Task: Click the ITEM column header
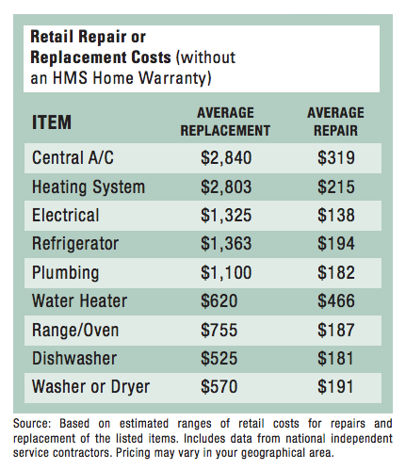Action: coord(52,122)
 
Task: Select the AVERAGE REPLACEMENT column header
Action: coord(225,122)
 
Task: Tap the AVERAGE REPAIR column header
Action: coord(335,122)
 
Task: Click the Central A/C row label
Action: coord(73,157)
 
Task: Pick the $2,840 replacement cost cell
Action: coord(226,157)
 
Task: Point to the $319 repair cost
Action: coord(336,157)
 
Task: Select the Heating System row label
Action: coord(89,187)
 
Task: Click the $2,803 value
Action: coord(226,186)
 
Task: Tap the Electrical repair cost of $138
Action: coord(336,216)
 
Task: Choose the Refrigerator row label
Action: coord(75,244)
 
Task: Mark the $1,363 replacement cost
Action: coord(226,244)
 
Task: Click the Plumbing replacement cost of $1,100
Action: coord(226,272)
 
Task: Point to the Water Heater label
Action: coord(80,300)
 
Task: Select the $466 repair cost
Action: coord(336,300)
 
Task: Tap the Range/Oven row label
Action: coord(75,331)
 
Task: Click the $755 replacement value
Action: coord(219,330)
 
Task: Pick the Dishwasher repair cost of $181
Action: coord(335,358)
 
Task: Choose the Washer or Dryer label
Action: coord(90,387)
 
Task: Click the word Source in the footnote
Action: coord(32,424)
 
